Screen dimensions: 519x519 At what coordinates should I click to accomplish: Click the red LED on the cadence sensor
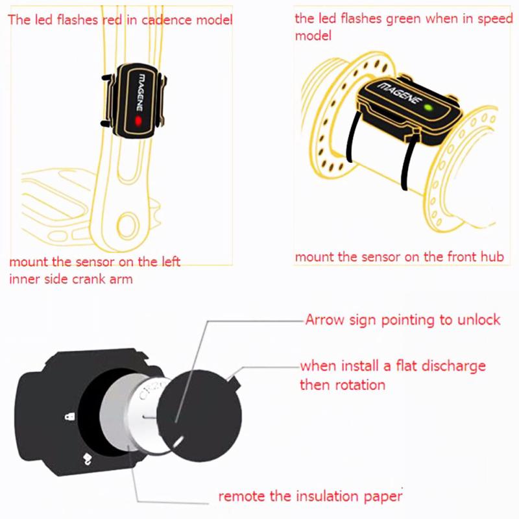click(138, 121)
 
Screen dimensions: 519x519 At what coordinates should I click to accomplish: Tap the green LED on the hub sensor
click(428, 108)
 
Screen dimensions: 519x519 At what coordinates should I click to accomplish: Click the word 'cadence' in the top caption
click(167, 20)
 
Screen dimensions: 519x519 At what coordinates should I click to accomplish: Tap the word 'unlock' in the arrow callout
click(479, 320)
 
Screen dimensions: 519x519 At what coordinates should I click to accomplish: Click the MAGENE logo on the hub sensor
click(400, 92)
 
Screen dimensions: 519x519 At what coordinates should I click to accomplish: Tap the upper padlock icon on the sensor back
click(70, 416)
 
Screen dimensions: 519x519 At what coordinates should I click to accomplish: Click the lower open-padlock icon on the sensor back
click(87, 459)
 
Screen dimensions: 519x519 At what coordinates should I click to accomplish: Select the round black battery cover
click(199, 416)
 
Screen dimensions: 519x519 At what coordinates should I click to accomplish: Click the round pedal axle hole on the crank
click(128, 224)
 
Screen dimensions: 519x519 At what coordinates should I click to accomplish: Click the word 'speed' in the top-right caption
click(495, 19)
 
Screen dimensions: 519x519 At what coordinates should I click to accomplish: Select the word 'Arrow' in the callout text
click(325, 320)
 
